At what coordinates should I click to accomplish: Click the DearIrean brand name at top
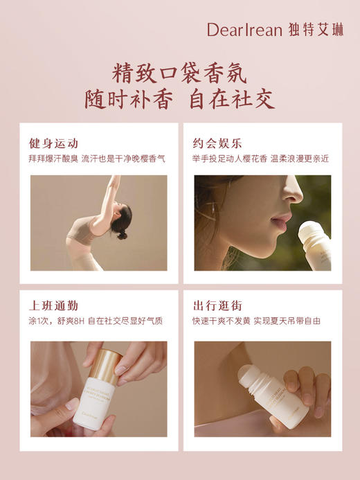coord(244,29)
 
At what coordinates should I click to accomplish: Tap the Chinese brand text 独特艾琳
coord(316,29)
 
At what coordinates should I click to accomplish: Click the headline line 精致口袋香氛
coord(179,73)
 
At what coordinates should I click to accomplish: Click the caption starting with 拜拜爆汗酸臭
coord(96,159)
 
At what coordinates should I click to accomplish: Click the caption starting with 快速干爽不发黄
coord(256,321)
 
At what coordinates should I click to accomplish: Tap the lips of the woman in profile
coord(281,222)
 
